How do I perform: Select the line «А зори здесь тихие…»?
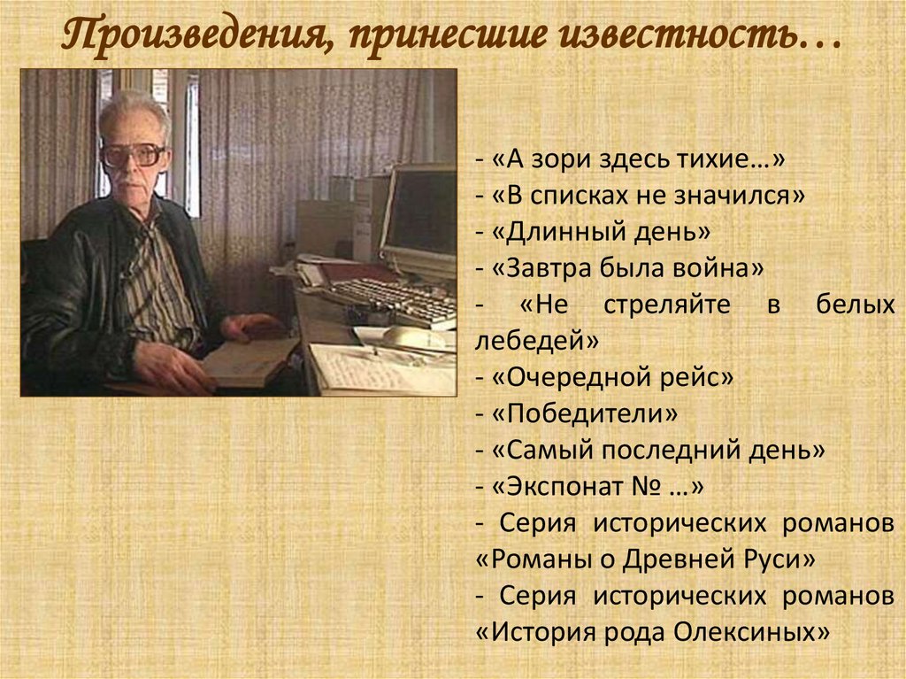point(638,158)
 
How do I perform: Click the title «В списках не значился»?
point(648,196)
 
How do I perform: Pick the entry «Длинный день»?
point(601,232)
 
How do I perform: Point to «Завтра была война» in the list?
point(627,267)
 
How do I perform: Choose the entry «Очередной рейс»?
point(612,378)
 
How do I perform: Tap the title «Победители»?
point(585,413)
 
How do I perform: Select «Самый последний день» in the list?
point(658,450)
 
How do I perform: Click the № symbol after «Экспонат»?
point(647,486)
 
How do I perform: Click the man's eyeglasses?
point(134,154)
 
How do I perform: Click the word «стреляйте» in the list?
point(667,305)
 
